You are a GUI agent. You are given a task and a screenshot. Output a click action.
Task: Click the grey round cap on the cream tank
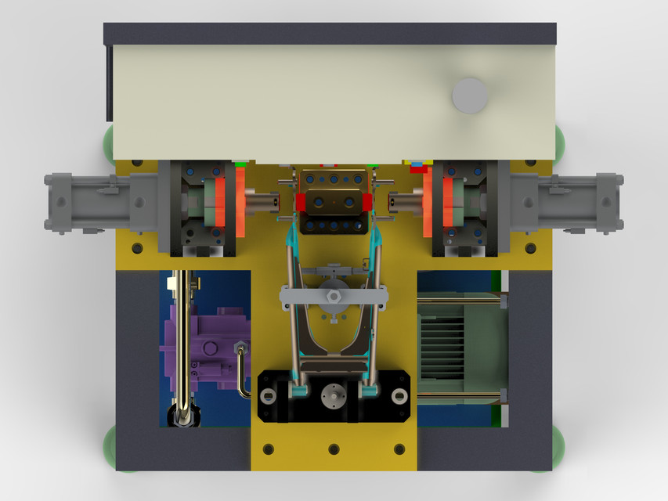point(470,96)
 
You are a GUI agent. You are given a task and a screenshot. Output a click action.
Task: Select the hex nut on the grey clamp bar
point(333,297)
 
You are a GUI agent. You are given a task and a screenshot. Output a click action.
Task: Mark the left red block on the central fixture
point(302,202)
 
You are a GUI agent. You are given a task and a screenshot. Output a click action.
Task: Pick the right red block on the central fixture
point(366,202)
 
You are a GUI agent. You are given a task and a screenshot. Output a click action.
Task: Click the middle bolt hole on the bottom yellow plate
point(334,449)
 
